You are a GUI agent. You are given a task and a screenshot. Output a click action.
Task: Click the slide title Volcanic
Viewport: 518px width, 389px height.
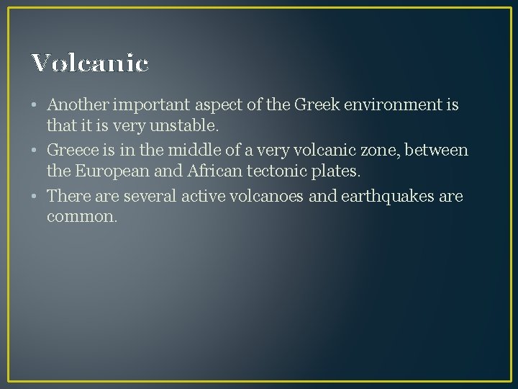coord(90,63)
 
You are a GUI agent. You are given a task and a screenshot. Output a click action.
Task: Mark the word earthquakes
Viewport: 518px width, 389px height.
coord(384,195)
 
